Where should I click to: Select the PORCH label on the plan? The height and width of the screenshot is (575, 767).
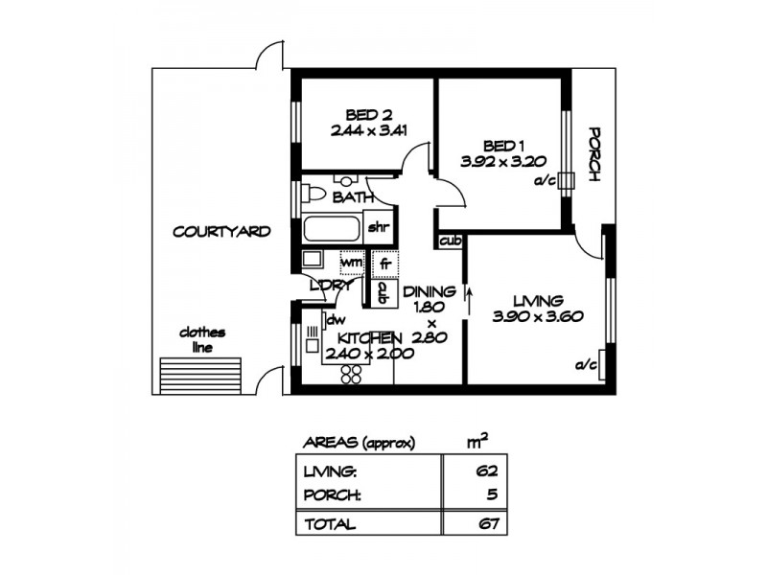pos(594,154)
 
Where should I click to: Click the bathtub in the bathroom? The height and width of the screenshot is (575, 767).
pos(331,230)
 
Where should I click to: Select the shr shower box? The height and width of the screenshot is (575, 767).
pos(378,227)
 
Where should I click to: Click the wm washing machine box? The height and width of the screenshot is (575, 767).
pos(352,261)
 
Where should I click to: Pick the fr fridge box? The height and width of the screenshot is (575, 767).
pos(383,262)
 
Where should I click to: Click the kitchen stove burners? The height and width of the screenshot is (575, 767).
pos(350,373)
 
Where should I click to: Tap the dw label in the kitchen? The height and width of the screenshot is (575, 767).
pos(336,320)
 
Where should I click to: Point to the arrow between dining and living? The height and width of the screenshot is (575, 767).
pos(469,296)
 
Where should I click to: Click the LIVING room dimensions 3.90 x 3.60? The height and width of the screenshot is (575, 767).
pos(537,316)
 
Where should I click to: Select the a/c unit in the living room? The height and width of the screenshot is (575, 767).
pos(600,365)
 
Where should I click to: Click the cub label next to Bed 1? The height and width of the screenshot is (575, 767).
pos(450,241)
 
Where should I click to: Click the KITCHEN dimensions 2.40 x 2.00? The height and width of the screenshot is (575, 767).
pos(369,354)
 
